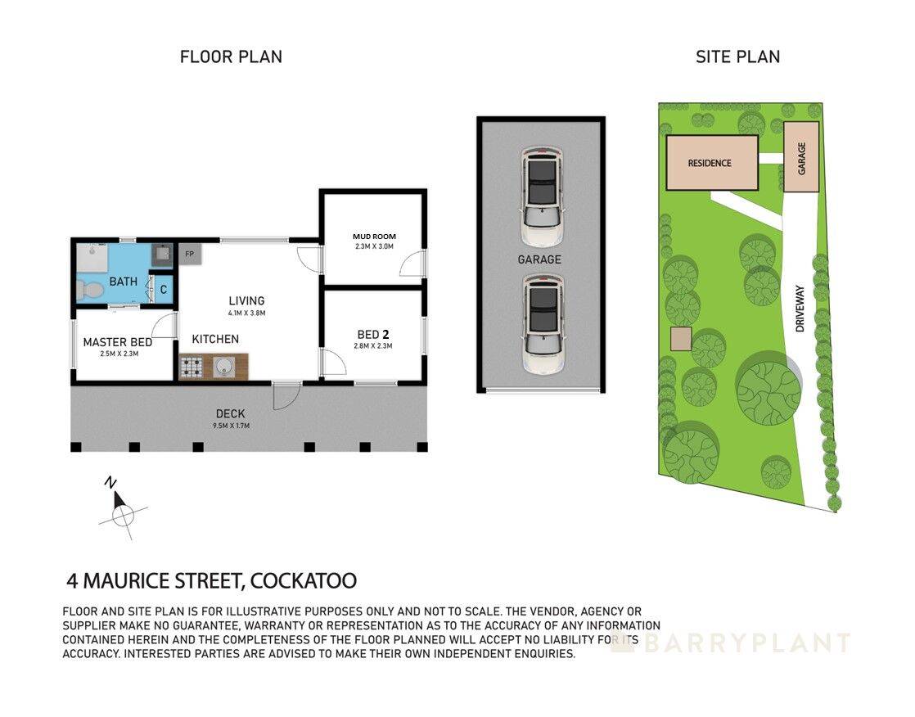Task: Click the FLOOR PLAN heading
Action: (x=231, y=56)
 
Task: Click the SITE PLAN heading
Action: (x=737, y=56)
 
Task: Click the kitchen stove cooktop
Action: (x=193, y=368)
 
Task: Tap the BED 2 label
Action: (x=372, y=334)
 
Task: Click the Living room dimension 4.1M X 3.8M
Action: (x=246, y=313)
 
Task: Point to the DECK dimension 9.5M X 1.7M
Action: (x=230, y=426)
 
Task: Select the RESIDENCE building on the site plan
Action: (x=709, y=163)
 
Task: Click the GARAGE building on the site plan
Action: (x=801, y=157)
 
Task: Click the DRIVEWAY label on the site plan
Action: (x=800, y=308)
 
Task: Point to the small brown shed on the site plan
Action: (x=681, y=339)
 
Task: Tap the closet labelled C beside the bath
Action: (x=163, y=288)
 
